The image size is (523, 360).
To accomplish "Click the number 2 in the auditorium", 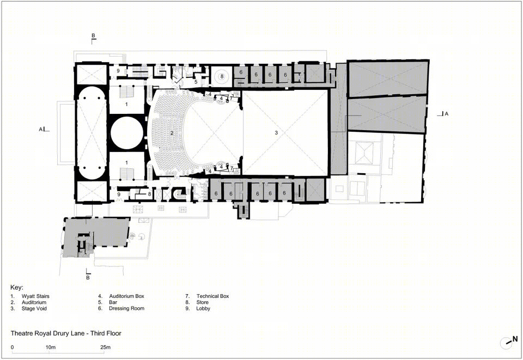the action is [172, 133].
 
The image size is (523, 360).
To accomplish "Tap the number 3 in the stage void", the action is [276, 133].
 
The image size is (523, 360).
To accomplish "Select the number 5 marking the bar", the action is [196, 82].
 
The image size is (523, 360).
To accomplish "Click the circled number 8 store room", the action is [222, 76].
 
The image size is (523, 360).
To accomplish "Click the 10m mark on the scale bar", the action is [50, 347].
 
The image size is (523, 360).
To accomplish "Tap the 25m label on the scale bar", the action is [105, 347].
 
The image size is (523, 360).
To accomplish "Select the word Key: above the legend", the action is [17, 288].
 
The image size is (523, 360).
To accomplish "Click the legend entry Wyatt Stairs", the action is [35, 296].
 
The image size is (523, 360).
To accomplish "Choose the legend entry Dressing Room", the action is [127, 308].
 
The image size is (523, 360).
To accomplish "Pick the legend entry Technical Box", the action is [213, 296].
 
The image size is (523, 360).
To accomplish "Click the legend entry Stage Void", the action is [34, 308].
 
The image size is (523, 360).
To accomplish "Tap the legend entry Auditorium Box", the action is [127, 296].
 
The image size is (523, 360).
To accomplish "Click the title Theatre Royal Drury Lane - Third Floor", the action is [66, 333].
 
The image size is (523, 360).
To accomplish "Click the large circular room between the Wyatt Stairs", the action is [127, 133].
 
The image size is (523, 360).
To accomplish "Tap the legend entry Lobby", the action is [203, 308].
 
